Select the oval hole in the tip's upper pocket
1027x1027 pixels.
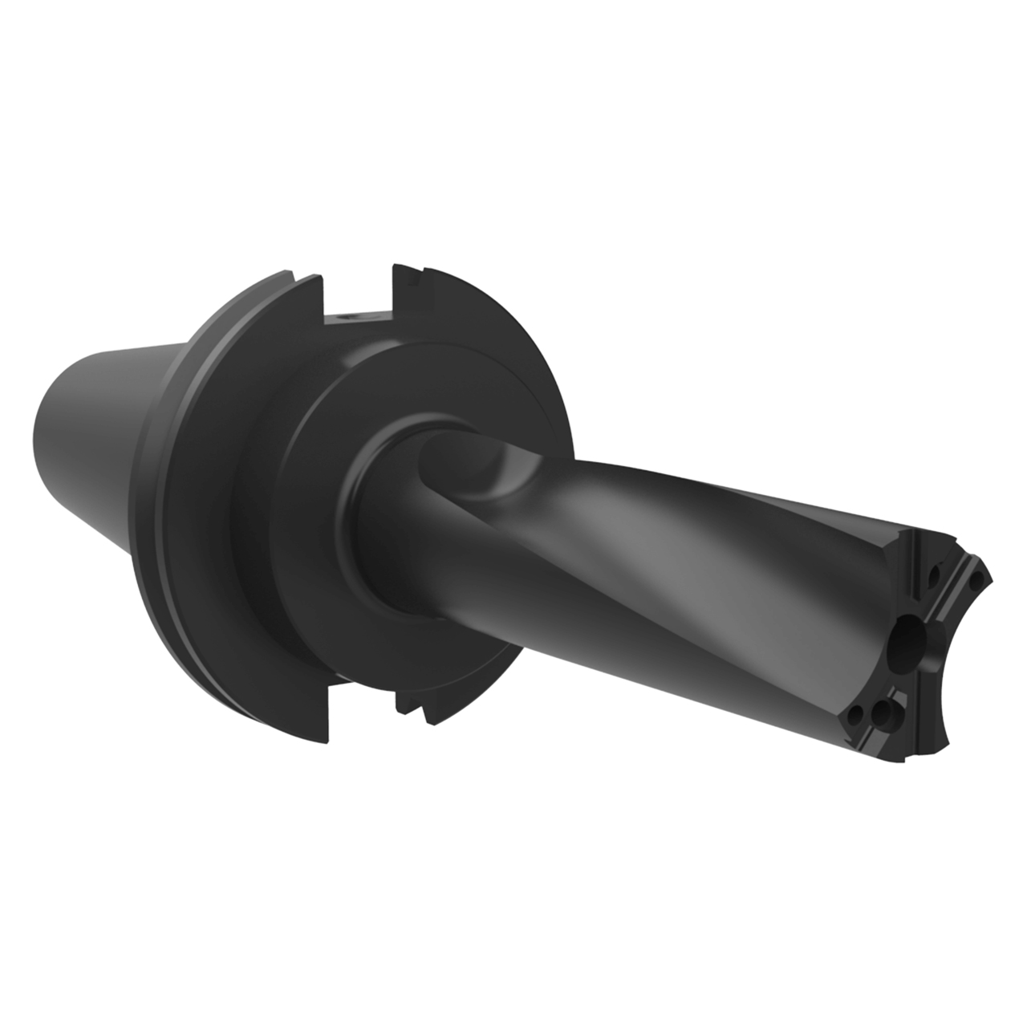933,576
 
